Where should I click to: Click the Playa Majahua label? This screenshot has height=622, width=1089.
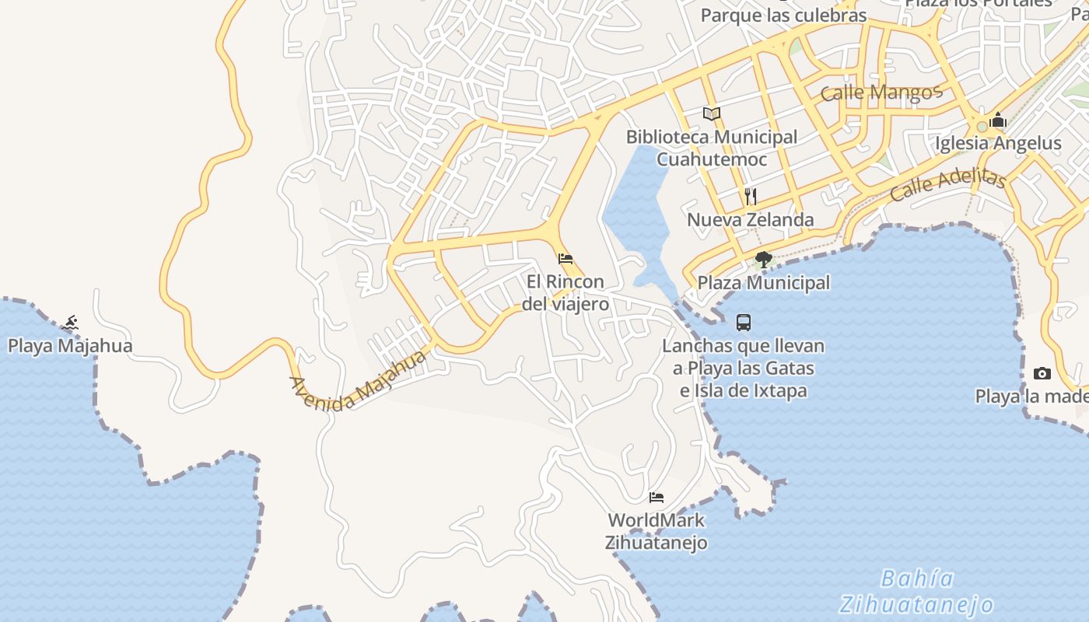(x=70, y=346)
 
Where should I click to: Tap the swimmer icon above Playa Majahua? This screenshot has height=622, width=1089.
(x=71, y=323)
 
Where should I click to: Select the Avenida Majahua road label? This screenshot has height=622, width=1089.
(x=358, y=380)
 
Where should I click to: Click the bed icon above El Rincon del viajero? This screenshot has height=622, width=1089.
(x=566, y=259)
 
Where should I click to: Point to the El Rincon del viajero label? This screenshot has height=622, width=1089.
(x=566, y=292)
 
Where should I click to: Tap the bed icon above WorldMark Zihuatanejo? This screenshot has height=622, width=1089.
(x=657, y=498)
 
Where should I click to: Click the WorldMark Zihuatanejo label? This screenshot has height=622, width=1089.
(x=657, y=531)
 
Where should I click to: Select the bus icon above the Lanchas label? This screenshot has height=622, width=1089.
(x=744, y=322)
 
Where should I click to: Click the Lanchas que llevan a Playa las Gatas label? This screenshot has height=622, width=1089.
(x=744, y=368)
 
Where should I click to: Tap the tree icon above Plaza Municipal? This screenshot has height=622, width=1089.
(x=764, y=260)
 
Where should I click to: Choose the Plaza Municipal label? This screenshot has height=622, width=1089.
(x=764, y=283)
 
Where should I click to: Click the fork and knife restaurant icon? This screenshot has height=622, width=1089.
(x=751, y=196)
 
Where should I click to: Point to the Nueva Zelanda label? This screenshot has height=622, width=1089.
(x=751, y=220)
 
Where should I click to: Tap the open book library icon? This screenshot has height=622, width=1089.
(x=712, y=114)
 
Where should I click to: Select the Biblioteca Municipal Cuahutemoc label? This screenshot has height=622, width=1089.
(x=712, y=148)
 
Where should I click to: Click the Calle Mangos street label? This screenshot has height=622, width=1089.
(x=881, y=93)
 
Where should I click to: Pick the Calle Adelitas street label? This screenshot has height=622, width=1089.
(x=948, y=184)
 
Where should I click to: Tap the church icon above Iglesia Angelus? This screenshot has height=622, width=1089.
(x=999, y=121)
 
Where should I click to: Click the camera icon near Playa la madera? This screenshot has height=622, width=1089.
(x=1042, y=374)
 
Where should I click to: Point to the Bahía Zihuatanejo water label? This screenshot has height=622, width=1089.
(x=918, y=592)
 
